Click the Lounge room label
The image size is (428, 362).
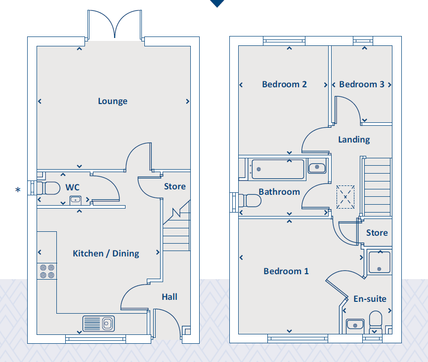(x=113, y=101)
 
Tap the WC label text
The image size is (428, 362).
(x=72, y=187)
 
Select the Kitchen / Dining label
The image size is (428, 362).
(x=106, y=253)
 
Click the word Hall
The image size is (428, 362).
(x=170, y=296)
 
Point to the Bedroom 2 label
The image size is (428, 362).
(x=284, y=84)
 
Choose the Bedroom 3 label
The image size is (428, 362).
(x=362, y=84)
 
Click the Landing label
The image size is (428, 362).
(x=354, y=140)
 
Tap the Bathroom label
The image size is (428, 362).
(x=279, y=192)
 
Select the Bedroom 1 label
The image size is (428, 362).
(x=286, y=271)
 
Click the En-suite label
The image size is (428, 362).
(x=370, y=299)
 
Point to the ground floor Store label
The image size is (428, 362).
(x=174, y=186)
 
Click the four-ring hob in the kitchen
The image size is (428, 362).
(x=47, y=271)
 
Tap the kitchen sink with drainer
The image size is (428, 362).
(x=98, y=324)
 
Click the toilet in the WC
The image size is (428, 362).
(x=48, y=188)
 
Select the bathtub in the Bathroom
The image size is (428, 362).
(x=278, y=169)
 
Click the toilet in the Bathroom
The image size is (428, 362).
(x=250, y=200)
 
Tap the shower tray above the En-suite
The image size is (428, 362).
(x=379, y=262)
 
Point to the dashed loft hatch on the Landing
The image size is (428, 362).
(x=345, y=197)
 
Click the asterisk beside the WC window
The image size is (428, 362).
(x=18, y=189)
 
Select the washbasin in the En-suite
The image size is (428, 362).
(x=355, y=325)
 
